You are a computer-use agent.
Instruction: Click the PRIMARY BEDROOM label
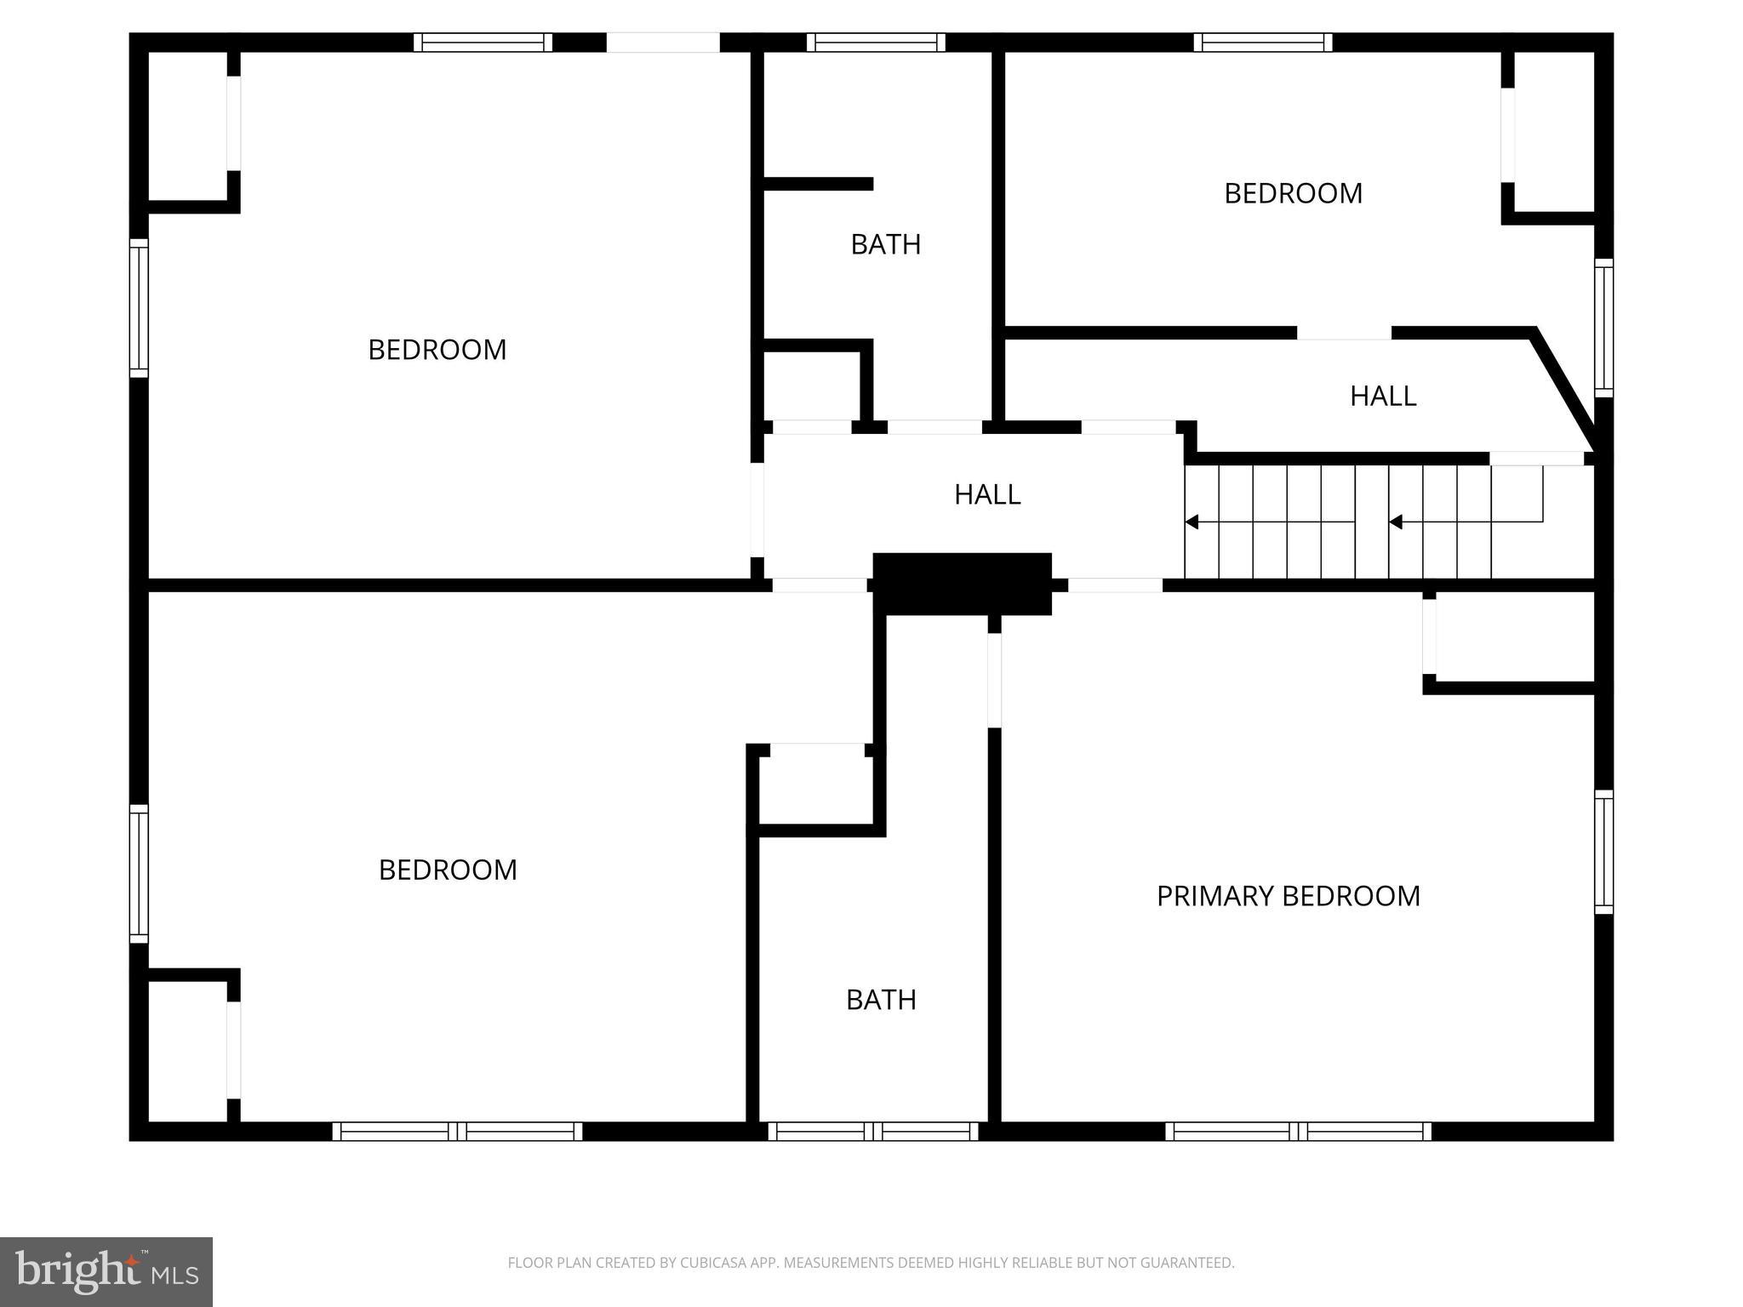click(x=1288, y=896)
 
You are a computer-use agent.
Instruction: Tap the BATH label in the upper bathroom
click(x=885, y=245)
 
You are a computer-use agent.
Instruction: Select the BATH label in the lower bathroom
click(x=881, y=1000)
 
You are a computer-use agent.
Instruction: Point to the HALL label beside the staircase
click(x=986, y=494)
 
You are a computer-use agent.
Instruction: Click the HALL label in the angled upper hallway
click(x=1382, y=396)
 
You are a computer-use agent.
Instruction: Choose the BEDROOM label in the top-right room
click(x=1293, y=194)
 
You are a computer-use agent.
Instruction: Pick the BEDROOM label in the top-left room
click(x=437, y=350)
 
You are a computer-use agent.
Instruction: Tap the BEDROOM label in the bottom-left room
click(x=448, y=870)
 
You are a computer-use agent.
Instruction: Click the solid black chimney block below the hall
click(x=962, y=583)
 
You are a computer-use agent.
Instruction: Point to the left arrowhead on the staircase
click(x=1192, y=522)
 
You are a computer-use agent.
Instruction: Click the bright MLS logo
click(x=106, y=1272)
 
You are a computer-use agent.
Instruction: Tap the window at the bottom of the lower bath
click(x=873, y=1131)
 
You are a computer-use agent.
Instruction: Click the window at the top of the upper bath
click(x=876, y=43)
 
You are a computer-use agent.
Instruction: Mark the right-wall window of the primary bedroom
click(x=1603, y=852)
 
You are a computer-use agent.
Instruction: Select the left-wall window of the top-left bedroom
click(x=139, y=308)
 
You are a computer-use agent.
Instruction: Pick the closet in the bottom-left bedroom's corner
click(x=188, y=1051)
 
